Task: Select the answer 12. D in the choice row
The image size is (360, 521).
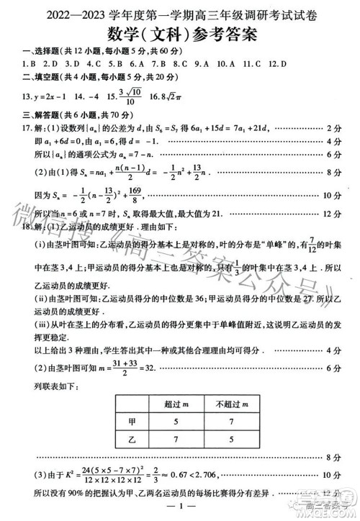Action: point(277,64)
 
